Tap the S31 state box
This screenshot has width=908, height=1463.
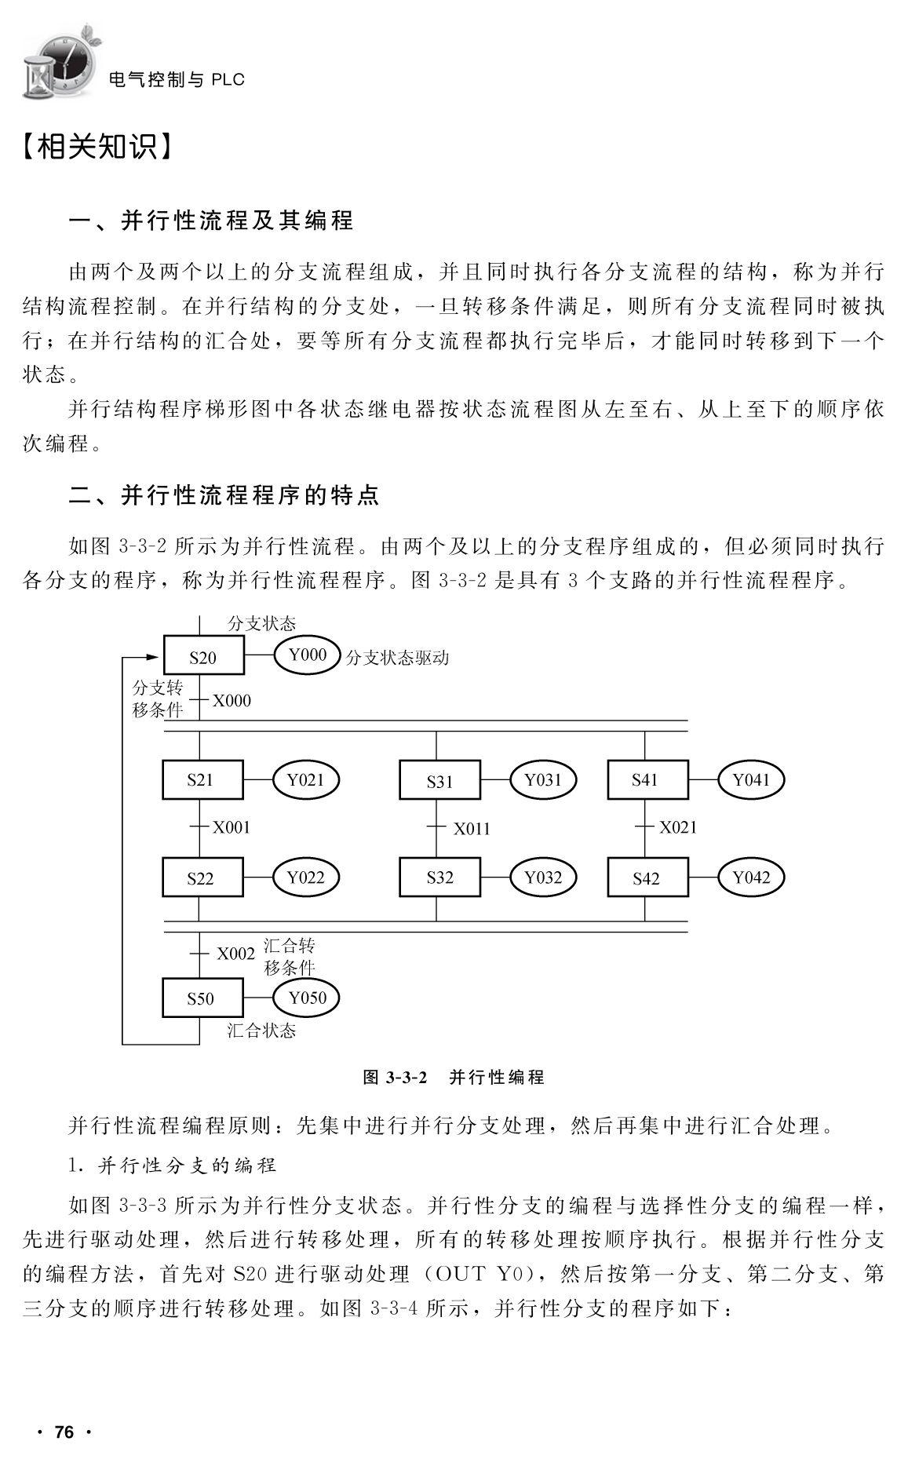pyautogui.click(x=440, y=780)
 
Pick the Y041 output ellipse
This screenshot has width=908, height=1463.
pyautogui.click(x=752, y=779)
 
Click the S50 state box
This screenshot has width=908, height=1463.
pyautogui.click(x=201, y=998)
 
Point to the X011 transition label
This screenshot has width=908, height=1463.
pyautogui.click(x=472, y=828)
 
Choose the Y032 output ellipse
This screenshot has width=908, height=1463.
pyautogui.click(x=543, y=877)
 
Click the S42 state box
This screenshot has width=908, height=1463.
pyautogui.click(x=647, y=877)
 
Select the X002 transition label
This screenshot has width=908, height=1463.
pyautogui.click(x=236, y=954)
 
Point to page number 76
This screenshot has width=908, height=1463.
pyautogui.click(x=64, y=1432)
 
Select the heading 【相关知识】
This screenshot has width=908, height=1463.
pyautogui.click(x=97, y=147)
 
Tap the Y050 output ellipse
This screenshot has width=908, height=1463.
pyautogui.click(x=306, y=998)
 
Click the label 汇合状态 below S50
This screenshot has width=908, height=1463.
pyautogui.click(x=261, y=1031)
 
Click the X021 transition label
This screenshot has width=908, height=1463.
pyautogui.click(x=677, y=826)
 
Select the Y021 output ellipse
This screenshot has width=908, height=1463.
pyautogui.click(x=305, y=779)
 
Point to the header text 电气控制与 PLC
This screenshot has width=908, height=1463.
pyautogui.click(x=177, y=79)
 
